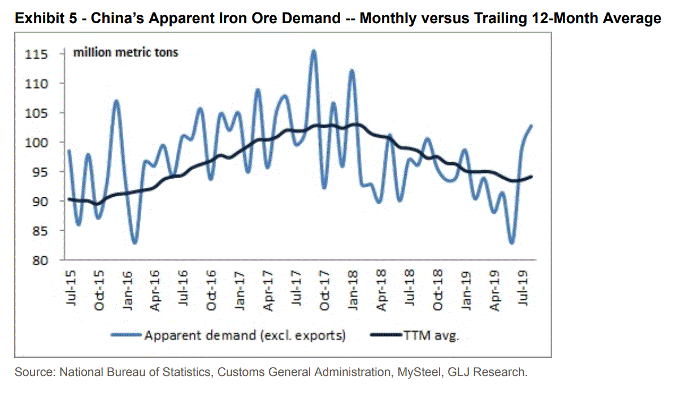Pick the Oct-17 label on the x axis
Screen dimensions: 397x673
324,290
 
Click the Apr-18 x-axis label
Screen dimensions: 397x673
381,290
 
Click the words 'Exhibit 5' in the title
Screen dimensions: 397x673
43,19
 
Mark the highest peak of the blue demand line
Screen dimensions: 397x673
314,51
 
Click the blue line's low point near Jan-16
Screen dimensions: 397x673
134,243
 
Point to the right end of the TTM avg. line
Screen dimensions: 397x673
532,176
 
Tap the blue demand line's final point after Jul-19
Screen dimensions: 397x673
532,126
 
